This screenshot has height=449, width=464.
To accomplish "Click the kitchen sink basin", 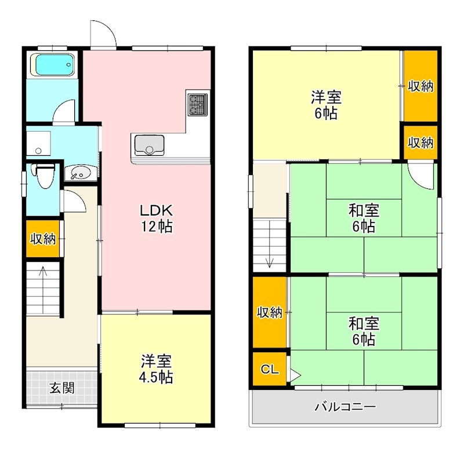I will [x=149, y=145].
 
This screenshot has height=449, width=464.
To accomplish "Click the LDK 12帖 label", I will [x=155, y=217].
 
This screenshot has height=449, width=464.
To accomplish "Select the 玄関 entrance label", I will [x=61, y=388].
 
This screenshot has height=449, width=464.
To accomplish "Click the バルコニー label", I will [x=345, y=406].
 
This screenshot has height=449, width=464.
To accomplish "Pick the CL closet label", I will [x=268, y=368].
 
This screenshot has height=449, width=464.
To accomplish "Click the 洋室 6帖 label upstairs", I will [x=326, y=105].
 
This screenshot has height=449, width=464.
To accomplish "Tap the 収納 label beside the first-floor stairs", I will [x=43, y=238].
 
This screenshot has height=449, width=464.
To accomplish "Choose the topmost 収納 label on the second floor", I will [x=420, y=86].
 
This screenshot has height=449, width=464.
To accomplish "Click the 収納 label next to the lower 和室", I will [x=269, y=313].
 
